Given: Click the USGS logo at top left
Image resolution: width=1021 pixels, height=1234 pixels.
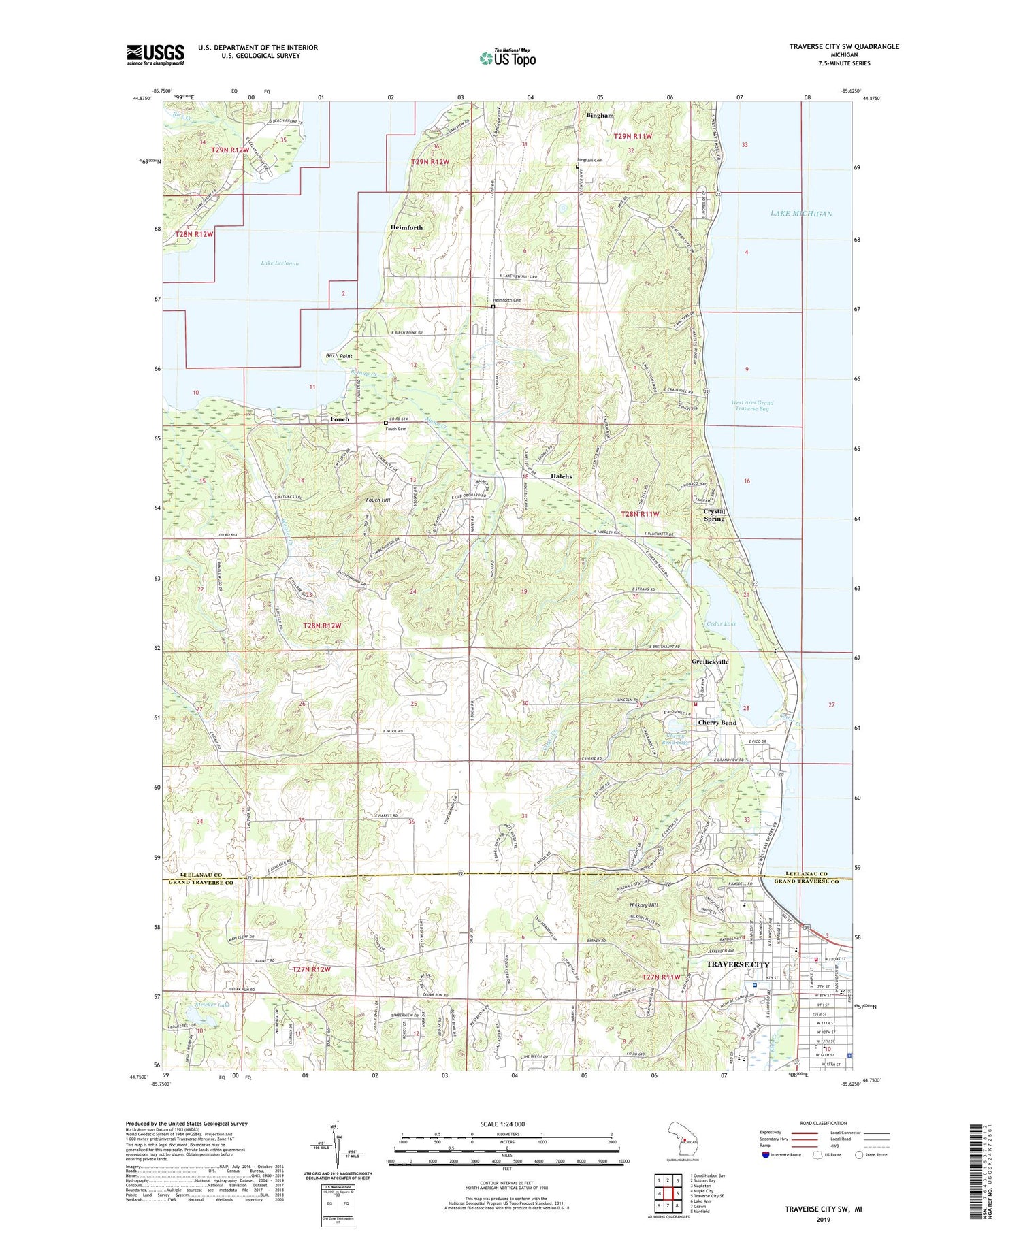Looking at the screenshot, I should coord(155,54).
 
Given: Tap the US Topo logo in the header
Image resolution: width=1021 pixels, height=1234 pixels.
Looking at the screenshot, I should coord(507,59).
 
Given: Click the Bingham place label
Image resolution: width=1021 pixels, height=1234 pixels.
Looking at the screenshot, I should coord(600,116).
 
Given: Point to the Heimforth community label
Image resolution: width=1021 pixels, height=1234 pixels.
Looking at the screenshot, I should coord(406,227).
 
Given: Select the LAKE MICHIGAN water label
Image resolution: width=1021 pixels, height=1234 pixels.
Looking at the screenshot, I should coord(801,214).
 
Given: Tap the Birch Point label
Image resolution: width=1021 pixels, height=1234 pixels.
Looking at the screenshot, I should coord(339,356).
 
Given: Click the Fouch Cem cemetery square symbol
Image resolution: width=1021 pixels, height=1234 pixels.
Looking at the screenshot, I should coord(386,423).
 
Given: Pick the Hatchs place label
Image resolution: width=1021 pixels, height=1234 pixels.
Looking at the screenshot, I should coord(561,476).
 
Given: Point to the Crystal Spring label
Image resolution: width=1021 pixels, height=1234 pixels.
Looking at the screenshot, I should coord(714,515).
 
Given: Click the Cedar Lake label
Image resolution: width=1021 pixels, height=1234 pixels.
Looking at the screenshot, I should coord(721,623).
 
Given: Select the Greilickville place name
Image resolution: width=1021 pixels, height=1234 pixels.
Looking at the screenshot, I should coord(710,661).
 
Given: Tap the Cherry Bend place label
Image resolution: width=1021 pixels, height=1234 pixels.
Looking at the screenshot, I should coord(717,722).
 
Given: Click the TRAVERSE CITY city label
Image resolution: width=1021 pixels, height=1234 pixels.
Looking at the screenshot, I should coord(738,964).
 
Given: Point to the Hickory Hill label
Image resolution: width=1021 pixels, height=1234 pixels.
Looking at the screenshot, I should coord(643,905).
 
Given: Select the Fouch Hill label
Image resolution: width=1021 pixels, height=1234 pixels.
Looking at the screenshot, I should coord(378,500).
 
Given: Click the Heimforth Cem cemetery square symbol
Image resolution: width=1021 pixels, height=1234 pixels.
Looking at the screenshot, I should coord(493,306).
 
